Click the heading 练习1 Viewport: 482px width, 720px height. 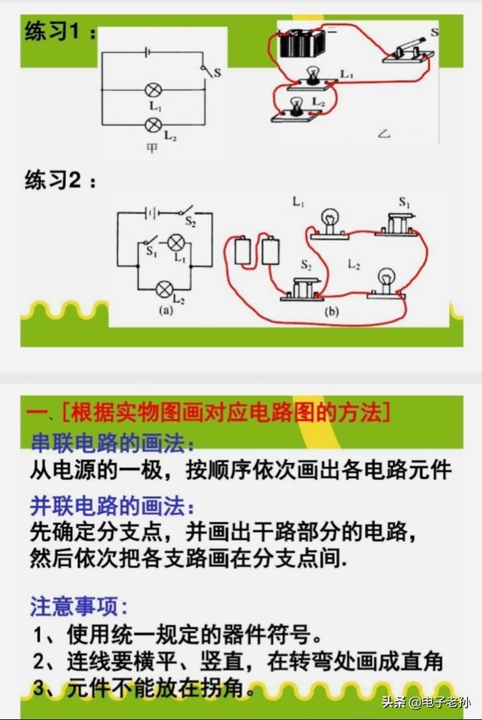tap(60, 32)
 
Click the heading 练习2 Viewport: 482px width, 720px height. tap(60, 180)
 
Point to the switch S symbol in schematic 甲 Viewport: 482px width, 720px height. tap(207, 71)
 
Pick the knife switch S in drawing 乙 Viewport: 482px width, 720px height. tap(408, 50)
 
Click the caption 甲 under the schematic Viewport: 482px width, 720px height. tap(151, 148)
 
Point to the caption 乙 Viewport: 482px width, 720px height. tap(384, 133)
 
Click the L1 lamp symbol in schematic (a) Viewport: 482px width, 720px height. tap(175, 243)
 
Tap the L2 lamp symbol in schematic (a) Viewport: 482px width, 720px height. tap(164, 289)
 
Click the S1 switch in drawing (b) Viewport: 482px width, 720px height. tap(397, 225)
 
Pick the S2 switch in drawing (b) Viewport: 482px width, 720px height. tap(301, 290)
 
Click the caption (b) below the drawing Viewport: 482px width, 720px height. tap(331, 312)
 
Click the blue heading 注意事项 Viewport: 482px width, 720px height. tap(78, 606)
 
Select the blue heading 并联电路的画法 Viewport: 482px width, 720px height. tap(112, 506)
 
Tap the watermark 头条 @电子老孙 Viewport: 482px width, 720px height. tap(425, 702)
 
